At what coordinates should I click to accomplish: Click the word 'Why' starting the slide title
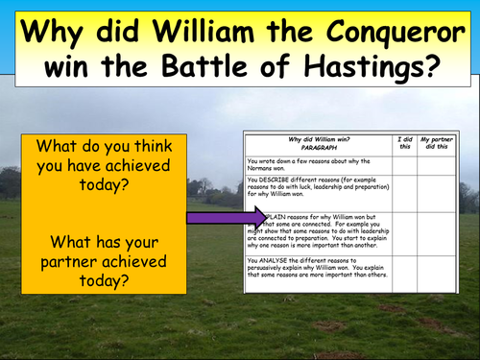[x=57, y=30]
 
